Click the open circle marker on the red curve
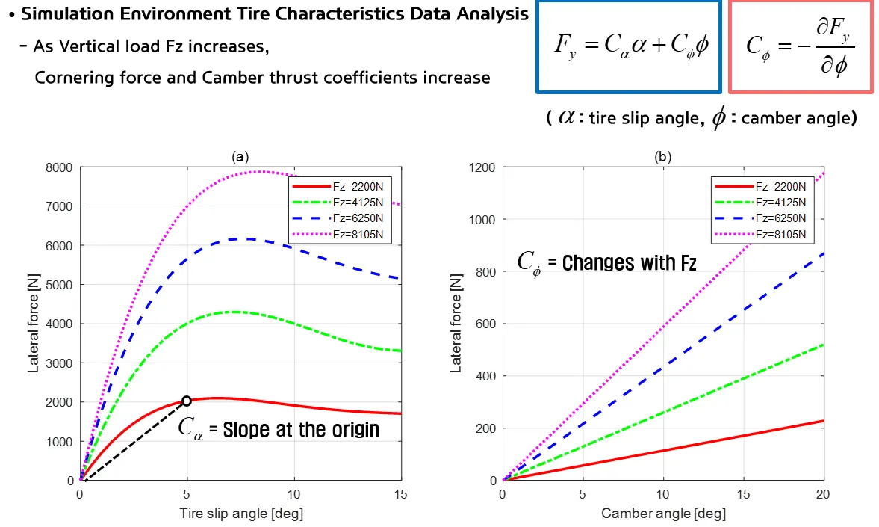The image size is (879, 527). point(187,401)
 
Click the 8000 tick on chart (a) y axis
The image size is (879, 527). point(60,167)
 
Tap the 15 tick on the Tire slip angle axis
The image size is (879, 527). point(401,494)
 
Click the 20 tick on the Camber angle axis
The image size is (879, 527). point(823,494)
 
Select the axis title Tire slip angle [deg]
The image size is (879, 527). point(240,514)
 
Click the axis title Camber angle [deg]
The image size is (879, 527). point(663,514)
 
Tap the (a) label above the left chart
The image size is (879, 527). point(240,156)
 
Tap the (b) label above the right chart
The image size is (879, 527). point(662,156)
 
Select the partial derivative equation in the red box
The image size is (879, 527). point(800,46)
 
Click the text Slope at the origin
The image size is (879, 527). point(300,429)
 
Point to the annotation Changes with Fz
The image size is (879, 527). point(629,262)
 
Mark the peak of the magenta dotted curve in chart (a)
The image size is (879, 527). point(258,172)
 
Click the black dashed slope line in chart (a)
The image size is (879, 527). point(134,440)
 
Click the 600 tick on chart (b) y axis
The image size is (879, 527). point(486,324)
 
